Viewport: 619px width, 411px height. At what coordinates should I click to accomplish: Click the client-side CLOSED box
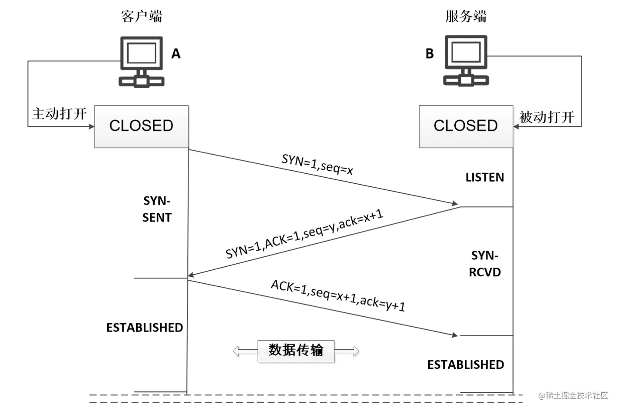[141, 126]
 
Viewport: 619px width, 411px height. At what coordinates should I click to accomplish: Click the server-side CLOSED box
[466, 126]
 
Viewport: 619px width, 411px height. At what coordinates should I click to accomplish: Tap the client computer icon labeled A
[142, 62]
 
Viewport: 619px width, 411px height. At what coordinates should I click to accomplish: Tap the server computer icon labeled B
[466, 61]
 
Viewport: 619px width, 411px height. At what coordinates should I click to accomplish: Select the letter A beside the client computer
[176, 53]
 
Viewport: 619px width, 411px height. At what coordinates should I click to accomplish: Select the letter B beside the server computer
[430, 53]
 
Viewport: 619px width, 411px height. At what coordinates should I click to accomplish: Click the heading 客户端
[141, 17]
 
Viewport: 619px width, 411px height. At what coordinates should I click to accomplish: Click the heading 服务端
[466, 17]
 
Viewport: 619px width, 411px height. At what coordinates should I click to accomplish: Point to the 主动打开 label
[59, 114]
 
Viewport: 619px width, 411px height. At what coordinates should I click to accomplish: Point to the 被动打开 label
[547, 116]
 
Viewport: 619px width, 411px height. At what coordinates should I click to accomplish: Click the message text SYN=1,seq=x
[317, 164]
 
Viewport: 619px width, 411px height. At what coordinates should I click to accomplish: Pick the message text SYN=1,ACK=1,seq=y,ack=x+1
[304, 233]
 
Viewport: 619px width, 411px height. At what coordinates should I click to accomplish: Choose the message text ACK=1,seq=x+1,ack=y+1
[338, 296]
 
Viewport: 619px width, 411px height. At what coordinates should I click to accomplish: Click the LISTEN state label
[485, 177]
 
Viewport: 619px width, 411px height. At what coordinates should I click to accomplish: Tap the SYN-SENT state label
[157, 209]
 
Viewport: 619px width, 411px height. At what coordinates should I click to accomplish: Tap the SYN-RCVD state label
[485, 264]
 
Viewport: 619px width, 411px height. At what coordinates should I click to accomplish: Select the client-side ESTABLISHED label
[145, 328]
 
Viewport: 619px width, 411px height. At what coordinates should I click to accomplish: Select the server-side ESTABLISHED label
[466, 365]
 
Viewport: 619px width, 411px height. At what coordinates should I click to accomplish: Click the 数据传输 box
[296, 351]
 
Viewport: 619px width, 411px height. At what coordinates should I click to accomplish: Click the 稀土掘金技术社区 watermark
[573, 395]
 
